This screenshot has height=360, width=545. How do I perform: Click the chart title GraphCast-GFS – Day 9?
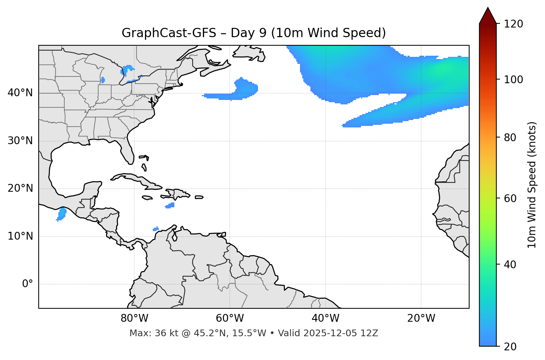pyautogui.click(x=254, y=33)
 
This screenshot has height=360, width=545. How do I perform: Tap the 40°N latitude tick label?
pyautogui.click(x=20, y=93)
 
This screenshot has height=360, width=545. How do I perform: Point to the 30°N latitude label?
pyautogui.click(x=20, y=141)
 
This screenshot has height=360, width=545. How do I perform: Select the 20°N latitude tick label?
pyautogui.click(x=20, y=188)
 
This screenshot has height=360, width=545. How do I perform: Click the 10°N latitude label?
pyautogui.click(x=20, y=236)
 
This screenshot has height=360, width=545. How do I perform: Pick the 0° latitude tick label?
pyautogui.click(x=28, y=284)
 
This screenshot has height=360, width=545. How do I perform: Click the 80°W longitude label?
pyautogui.click(x=134, y=318)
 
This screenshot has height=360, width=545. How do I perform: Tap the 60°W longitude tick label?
pyautogui.click(x=230, y=318)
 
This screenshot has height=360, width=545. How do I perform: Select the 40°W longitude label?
pyautogui.click(x=325, y=318)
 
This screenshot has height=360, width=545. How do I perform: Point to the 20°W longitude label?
pyautogui.click(x=421, y=318)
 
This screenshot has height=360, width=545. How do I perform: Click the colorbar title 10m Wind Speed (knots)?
pyautogui.click(x=532, y=185)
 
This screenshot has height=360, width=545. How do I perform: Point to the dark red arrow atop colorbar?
pyautogui.click(x=488, y=16)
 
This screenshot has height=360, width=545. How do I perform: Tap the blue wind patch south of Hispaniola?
pyautogui.click(x=170, y=205)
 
